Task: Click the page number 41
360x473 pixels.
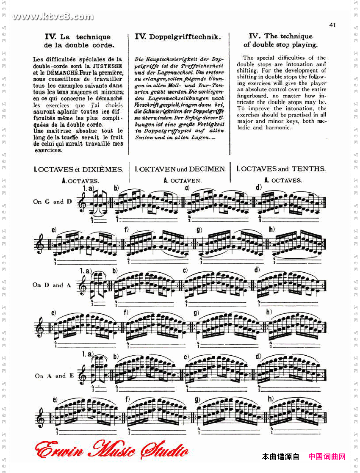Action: (332, 25)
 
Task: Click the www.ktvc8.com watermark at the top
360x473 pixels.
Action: (53, 17)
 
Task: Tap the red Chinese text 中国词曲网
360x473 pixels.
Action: (327, 456)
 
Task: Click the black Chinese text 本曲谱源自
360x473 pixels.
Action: (280, 456)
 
